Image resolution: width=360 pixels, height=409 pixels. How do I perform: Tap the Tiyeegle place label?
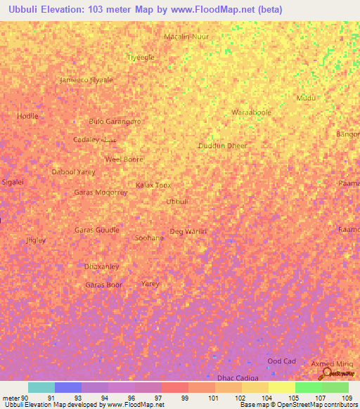coord(139,57)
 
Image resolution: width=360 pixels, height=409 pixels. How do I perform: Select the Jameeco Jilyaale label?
coord(86,79)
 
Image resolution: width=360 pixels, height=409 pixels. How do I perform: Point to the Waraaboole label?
coord(251,112)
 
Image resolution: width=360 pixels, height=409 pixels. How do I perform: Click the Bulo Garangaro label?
coord(115,121)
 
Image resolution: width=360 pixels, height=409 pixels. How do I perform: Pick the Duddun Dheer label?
coord(222,145)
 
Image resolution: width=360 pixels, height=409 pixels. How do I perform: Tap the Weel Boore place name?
coord(124,159)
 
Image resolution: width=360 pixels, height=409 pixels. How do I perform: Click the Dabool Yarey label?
coord(73,171)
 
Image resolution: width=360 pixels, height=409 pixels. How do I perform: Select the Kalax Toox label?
coord(153,185)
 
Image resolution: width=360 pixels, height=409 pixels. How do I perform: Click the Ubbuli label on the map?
coord(176,202)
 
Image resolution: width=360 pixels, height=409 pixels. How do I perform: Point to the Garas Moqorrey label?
coord(101,192)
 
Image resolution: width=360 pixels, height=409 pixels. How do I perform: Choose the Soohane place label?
coord(149,238)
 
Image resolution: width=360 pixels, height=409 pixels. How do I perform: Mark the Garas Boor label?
coord(103,285)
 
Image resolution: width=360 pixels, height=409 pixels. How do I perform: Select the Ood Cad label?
coord(281,361)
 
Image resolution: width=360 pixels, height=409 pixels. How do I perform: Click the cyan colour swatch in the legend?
coord(41,387)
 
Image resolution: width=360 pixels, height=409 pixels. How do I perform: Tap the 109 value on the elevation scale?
coord(345,397)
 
